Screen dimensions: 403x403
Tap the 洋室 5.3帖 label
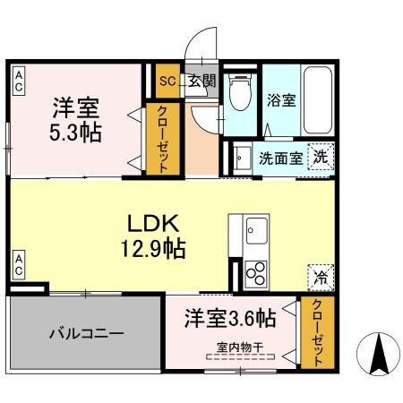pos(75,120)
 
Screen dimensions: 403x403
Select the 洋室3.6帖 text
pos(230,318)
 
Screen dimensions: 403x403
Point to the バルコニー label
pos(86,332)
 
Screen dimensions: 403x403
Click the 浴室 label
pos(280,100)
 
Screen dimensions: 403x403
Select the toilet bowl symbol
pos(240,92)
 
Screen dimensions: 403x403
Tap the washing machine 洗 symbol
pos(320,158)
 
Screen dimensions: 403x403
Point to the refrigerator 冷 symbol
pos(318,278)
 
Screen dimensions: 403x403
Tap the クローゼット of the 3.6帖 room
pos(317,330)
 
